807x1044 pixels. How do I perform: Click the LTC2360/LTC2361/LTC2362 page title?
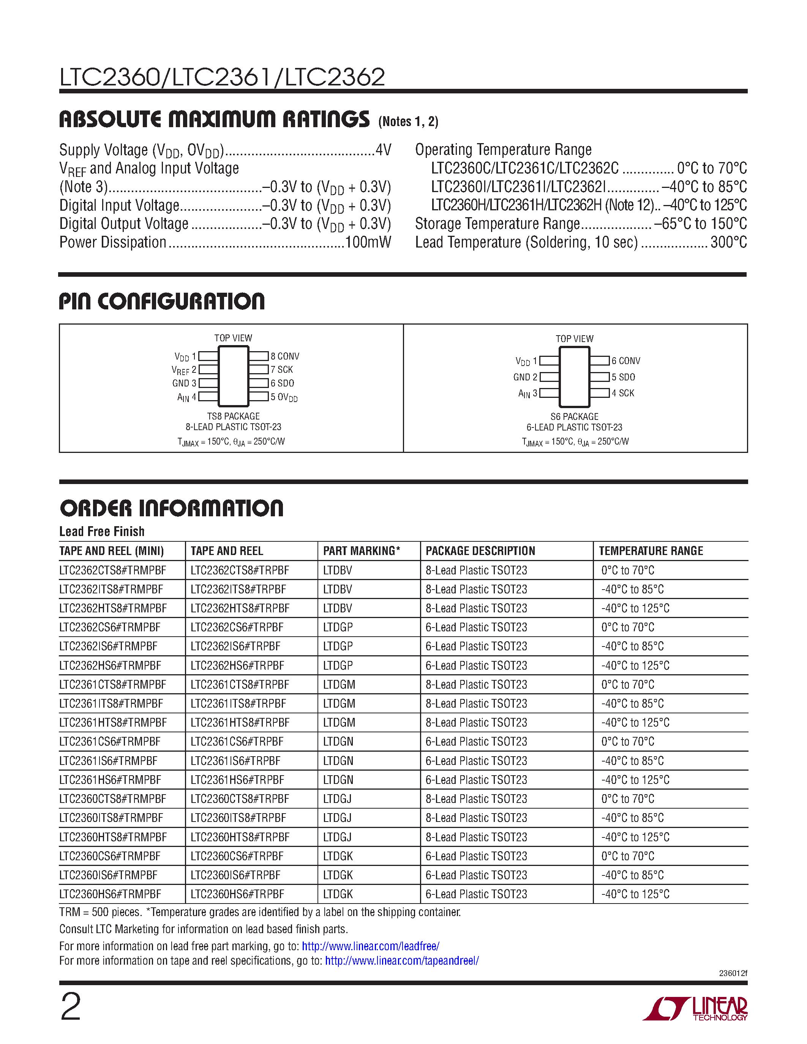pos(222,77)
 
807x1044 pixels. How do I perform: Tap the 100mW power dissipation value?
pos(368,242)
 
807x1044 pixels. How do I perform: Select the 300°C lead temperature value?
pos(729,242)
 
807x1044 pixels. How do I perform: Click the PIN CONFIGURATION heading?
pos(162,302)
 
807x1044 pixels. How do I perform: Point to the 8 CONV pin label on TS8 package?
pos(284,356)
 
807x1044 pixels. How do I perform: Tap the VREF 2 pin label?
pos(184,370)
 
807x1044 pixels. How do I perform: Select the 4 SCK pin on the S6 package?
pos(622,393)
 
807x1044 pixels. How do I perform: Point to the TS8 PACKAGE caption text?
pos(233,416)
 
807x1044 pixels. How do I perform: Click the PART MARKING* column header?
pos(362,551)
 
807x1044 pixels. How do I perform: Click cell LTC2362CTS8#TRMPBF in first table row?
pos(113,570)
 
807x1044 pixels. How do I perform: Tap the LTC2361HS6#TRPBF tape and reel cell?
pos(237,780)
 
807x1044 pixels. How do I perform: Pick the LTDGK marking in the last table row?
pos(338,894)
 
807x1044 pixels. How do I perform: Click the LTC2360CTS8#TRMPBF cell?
pos(113,799)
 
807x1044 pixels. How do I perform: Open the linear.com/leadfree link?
pos(371,946)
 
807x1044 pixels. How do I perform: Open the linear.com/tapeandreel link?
pos(401,960)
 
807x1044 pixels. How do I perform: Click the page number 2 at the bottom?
pos(71,1007)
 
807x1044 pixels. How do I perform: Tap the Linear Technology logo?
pos(696,1009)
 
